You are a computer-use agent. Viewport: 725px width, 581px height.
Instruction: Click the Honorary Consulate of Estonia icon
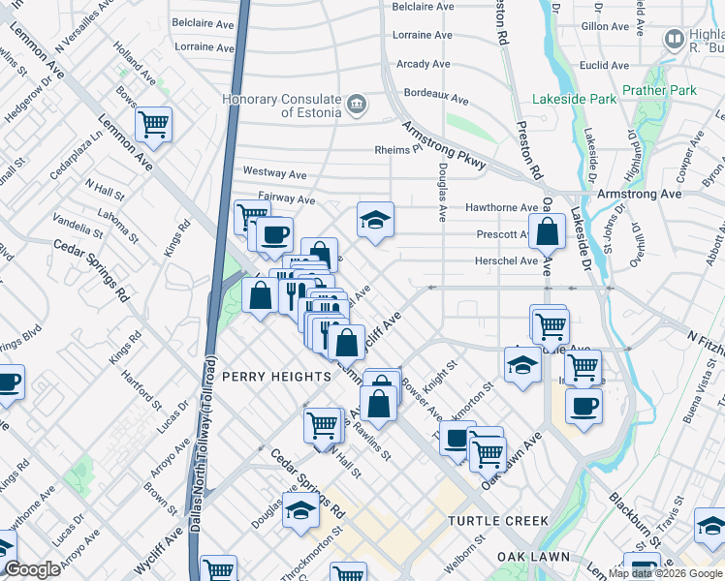[x=357, y=103]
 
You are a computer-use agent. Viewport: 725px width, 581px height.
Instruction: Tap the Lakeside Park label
[x=575, y=99]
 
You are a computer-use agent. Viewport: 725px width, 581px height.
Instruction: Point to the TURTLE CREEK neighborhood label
[x=498, y=521]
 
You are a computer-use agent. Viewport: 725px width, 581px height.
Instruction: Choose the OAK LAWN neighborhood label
[x=531, y=557]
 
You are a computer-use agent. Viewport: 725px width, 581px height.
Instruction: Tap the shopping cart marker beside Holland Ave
[x=153, y=123]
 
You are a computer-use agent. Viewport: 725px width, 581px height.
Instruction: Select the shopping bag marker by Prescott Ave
[x=548, y=232]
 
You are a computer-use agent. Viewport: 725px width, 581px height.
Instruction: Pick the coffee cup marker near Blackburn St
[x=583, y=407]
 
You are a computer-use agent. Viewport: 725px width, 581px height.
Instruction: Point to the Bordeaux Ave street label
[x=435, y=100]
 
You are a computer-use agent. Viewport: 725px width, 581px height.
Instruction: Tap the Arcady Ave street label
[x=424, y=64]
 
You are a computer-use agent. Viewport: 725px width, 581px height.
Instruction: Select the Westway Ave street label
[x=274, y=174]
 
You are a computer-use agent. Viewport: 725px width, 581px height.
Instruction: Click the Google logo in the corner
[x=32, y=569]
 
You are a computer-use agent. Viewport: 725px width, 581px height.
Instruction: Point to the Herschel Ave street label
[x=505, y=261]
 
